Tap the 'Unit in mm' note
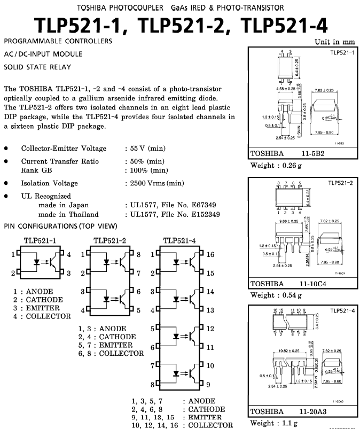point(334,42)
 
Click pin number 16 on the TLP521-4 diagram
point(210,255)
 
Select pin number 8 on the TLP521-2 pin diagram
point(138,255)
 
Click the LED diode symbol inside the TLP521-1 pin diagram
point(37,263)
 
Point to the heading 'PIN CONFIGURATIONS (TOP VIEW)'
point(60,226)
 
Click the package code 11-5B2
point(311,154)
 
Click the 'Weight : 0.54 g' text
point(276,295)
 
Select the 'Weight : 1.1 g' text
point(275,424)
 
